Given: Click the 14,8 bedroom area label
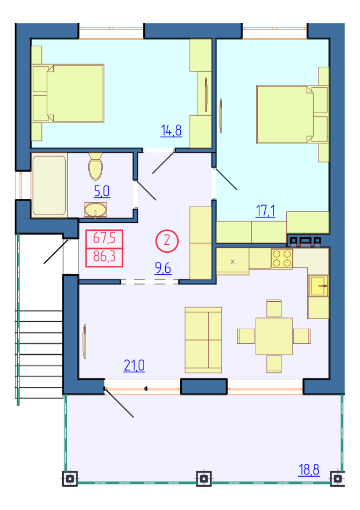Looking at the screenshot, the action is [171, 131].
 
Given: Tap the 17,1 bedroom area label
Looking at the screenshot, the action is [265, 211].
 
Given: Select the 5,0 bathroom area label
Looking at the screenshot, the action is [102, 192].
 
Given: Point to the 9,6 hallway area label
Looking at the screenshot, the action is [163, 268].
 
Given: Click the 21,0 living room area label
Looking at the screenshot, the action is [135, 365].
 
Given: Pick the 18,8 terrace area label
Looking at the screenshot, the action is [309, 470].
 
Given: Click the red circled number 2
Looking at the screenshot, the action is [167, 240].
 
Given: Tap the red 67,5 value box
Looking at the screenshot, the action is [104, 239].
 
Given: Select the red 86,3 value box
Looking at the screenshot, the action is [104, 257].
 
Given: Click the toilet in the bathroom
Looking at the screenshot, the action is [95, 166].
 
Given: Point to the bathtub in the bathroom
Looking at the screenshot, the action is [49, 186].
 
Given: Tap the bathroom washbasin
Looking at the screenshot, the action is [95, 210].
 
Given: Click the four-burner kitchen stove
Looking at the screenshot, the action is [282, 259].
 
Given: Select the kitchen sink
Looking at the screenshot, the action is [319, 286].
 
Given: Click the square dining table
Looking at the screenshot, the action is [274, 336].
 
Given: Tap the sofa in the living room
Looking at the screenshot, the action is [203, 340].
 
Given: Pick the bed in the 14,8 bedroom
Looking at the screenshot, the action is [68, 94].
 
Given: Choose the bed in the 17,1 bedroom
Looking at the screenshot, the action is [292, 115].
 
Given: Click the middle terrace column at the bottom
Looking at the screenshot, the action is [204, 479].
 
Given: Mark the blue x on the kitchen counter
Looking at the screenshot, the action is [232, 261].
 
